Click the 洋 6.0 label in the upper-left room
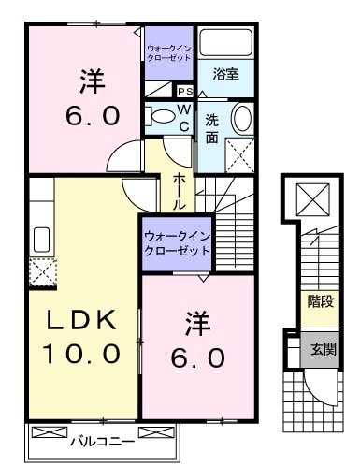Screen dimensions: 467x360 tap(91, 99)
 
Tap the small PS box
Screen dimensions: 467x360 tap(184, 91)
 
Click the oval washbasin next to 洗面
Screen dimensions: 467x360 tap(240, 119)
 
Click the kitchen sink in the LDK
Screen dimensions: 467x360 tap(41, 238)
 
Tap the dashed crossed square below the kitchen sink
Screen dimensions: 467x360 tap(41, 270)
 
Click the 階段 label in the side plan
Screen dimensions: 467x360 tap(320, 302)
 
